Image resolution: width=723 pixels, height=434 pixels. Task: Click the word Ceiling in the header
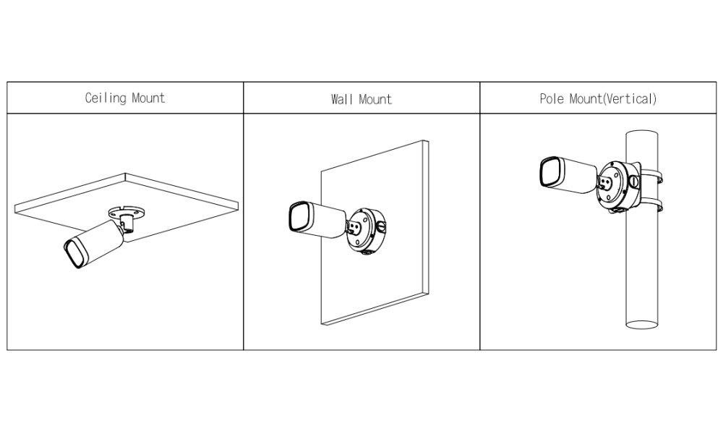coord(106,98)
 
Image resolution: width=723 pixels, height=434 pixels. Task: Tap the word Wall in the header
coord(343,99)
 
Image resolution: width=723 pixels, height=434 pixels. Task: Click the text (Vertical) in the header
coord(630,98)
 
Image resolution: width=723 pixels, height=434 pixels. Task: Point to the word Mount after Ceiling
coord(148,98)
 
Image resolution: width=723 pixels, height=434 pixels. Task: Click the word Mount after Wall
coord(375,99)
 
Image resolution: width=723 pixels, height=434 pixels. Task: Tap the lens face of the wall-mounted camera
coord(300,217)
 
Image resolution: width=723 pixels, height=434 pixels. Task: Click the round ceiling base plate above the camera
coord(127,212)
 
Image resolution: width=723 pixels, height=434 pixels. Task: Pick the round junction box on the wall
coord(367,231)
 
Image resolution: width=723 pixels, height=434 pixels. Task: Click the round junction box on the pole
coord(619,187)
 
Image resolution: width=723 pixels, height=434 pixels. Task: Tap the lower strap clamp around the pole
coord(651,205)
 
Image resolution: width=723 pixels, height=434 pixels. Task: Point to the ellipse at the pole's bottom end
coord(641,324)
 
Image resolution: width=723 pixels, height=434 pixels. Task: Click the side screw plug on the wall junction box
coord(381,226)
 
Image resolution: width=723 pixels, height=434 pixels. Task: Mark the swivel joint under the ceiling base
coord(127,224)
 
